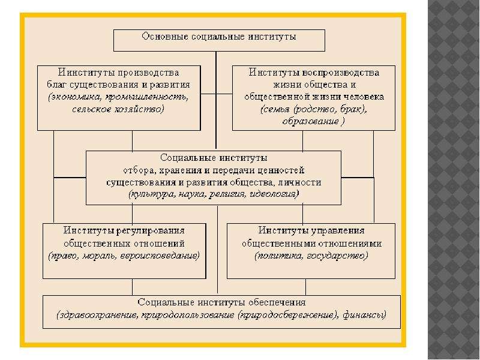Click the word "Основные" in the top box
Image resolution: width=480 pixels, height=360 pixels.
point(165,37)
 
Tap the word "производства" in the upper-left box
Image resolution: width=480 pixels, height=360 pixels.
point(148,73)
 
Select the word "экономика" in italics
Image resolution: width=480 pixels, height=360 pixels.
point(76,97)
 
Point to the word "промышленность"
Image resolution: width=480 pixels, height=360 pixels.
point(146,97)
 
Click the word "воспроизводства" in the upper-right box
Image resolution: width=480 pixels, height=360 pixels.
point(341,73)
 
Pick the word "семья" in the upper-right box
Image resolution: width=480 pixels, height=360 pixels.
point(276,109)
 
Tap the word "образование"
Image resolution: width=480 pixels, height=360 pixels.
point(310,121)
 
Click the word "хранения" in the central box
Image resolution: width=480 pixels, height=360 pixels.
point(181,170)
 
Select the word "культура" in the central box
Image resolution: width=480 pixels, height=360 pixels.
point(152,194)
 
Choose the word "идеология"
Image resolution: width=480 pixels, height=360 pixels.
point(274,194)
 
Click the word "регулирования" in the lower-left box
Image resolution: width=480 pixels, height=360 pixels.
point(151,230)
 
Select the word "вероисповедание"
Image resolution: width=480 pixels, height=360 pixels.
point(159,256)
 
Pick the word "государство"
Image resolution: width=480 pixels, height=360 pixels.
point(337,256)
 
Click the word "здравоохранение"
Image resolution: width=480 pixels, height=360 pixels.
point(98,315)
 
